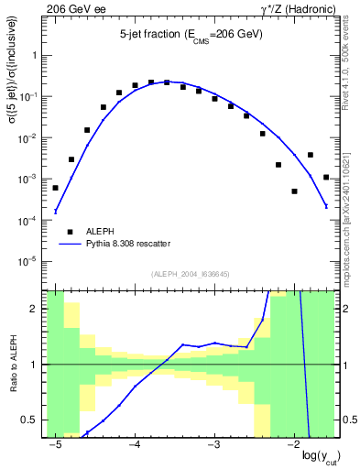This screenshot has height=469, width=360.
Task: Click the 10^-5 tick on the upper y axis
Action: coord(32,261)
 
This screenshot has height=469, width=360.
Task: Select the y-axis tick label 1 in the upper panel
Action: coord(38,55)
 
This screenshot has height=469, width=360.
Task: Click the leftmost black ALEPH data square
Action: coord(56,188)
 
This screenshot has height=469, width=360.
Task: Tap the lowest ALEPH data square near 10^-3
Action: coord(294,191)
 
